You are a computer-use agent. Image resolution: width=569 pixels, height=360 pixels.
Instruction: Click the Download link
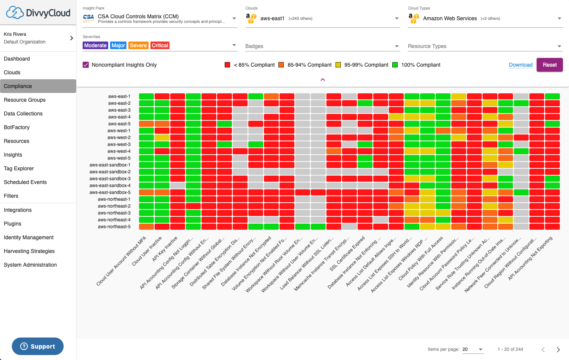pyautogui.click(x=520, y=65)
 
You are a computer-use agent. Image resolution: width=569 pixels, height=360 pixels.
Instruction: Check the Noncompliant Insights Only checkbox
pyautogui.click(x=86, y=65)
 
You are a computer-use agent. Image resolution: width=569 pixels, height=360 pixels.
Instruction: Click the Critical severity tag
pyautogui.click(x=160, y=45)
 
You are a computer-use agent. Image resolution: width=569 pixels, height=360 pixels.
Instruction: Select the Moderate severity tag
pyautogui.click(x=95, y=45)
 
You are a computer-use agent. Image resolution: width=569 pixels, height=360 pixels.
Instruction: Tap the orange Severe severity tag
pyautogui.click(x=138, y=45)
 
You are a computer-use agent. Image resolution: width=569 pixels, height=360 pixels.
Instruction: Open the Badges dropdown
pyautogui.click(x=322, y=46)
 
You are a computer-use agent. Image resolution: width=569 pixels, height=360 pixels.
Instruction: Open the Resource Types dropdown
pyautogui.click(x=484, y=46)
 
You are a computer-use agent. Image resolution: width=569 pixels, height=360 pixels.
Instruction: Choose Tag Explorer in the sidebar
pyautogui.click(x=19, y=168)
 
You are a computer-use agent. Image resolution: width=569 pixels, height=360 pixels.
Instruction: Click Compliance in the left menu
pyautogui.click(x=18, y=86)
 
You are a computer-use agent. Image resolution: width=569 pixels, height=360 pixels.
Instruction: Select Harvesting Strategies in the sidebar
pyautogui.click(x=29, y=251)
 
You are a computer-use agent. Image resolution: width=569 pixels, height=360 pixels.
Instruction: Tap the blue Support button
pyautogui.click(x=38, y=346)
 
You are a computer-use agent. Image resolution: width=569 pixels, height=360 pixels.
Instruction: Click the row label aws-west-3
pyautogui.click(x=119, y=144)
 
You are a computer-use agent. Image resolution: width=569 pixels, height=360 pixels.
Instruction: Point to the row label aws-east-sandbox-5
pyautogui.click(x=110, y=192)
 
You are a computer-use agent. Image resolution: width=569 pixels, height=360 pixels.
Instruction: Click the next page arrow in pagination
pyautogui.click(x=558, y=349)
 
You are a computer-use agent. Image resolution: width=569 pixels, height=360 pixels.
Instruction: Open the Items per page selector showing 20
pyautogui.click(x=473, y=349)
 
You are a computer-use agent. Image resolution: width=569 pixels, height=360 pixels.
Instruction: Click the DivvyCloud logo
pyautogui.click(x=38, y=13)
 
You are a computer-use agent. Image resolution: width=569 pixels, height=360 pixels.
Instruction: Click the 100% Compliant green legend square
pyautogui.click(x=395, y=65)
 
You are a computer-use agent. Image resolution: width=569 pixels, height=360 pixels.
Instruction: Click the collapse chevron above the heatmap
pyautogui.click(x=323, y=80)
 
